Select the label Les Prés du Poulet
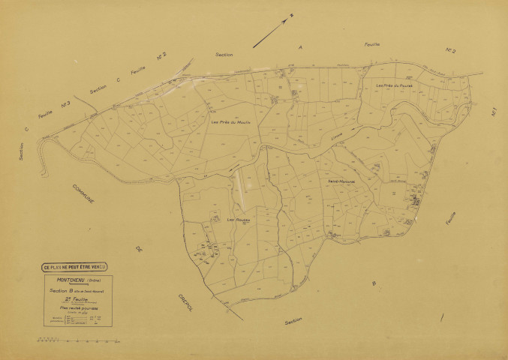[395, 86]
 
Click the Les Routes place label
[238, 219]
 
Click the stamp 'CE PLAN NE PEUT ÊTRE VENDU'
[75, 266]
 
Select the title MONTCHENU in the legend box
[68, 280]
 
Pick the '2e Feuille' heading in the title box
[74, 299]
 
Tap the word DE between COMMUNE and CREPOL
[138, 249]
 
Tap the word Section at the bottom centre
[295, 320]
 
